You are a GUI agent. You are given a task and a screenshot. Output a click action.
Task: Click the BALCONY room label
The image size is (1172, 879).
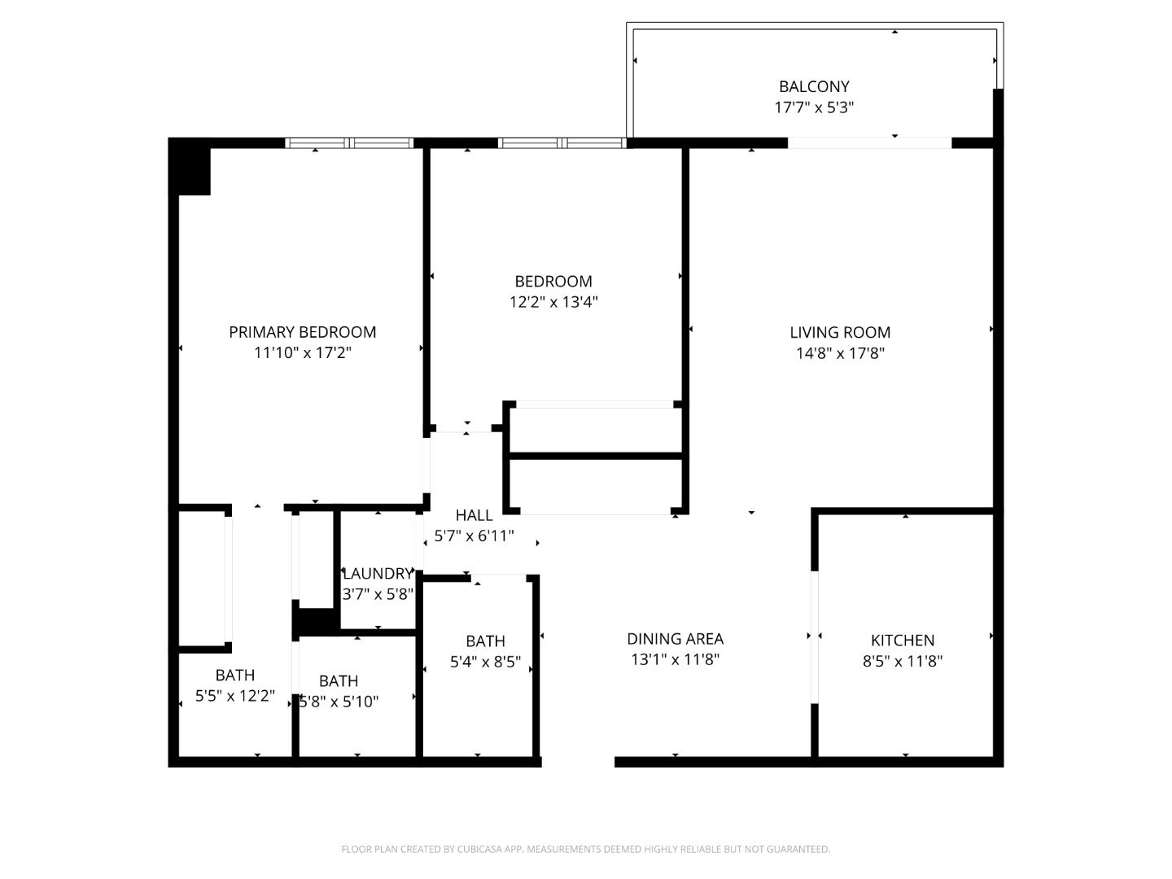(814, 86)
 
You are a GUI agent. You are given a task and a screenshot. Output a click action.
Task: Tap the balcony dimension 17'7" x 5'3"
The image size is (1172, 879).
(814, 107)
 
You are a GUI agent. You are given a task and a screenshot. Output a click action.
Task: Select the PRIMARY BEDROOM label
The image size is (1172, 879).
(302, 332)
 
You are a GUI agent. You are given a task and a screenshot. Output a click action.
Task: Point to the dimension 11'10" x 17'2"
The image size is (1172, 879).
(302, 353)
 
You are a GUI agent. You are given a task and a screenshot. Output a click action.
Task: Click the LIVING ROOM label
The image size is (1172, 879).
(840, 332)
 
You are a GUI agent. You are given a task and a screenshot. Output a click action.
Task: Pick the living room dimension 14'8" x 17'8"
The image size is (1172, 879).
(840, 353)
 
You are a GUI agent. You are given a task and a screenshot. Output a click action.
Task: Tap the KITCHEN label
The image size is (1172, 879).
(903, 641)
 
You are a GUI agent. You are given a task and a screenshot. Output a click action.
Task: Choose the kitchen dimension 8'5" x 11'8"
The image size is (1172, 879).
(903, 662)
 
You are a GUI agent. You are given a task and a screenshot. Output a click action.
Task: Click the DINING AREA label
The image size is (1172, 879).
(675, 639)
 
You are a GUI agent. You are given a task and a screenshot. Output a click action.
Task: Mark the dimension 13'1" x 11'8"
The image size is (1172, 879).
(675, 660)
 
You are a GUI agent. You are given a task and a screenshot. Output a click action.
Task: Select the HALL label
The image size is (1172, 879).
(474, 515)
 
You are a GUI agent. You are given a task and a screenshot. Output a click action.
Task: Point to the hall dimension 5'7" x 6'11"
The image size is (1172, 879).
(474, 536)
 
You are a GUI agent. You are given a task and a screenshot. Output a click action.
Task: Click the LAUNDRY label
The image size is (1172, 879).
(378, 574)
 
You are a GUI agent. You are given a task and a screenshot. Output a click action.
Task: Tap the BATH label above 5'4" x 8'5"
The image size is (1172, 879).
(485, 641)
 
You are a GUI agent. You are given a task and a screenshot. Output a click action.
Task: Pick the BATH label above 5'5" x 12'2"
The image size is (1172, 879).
(235, 676)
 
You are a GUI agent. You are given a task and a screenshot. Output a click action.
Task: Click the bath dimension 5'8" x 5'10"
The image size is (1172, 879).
(339, 702)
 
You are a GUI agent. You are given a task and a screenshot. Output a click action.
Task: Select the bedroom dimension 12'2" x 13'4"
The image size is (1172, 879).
(553, 302)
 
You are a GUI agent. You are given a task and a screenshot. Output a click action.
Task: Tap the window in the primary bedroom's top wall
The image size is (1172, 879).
(349, 143)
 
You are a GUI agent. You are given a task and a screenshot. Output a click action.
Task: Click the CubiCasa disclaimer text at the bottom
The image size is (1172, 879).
(585, 849)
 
